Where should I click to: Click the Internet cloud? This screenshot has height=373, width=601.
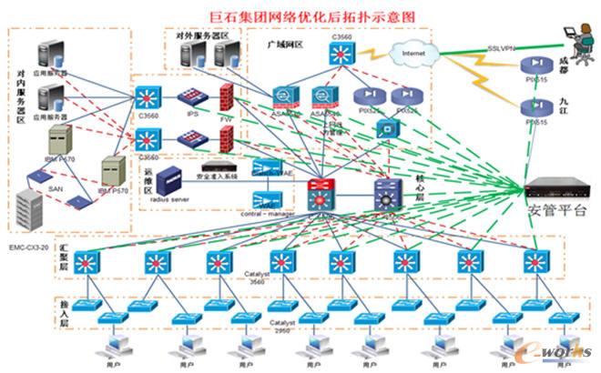point(415,55)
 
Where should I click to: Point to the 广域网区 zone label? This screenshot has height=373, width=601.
point(284,44)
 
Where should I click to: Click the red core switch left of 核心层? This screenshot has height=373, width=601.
point(321,194)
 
